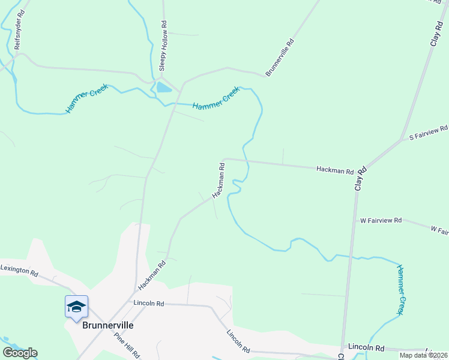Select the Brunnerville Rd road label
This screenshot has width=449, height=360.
(279, 58)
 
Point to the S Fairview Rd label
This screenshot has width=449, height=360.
(429, 133)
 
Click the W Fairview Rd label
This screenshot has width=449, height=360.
(381, 221)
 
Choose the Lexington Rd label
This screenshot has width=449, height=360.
(19, 270)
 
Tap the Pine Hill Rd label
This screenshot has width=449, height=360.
(127, 346)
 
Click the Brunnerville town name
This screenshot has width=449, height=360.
(108, 325)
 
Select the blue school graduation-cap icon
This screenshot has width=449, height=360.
(76, 307)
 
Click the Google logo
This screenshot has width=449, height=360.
(20, 352)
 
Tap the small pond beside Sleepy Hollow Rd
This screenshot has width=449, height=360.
(163, 88)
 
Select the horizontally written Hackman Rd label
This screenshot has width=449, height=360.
(334, 170)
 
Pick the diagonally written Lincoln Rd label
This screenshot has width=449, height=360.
(238, 340)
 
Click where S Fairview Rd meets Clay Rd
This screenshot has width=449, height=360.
(402, 140)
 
